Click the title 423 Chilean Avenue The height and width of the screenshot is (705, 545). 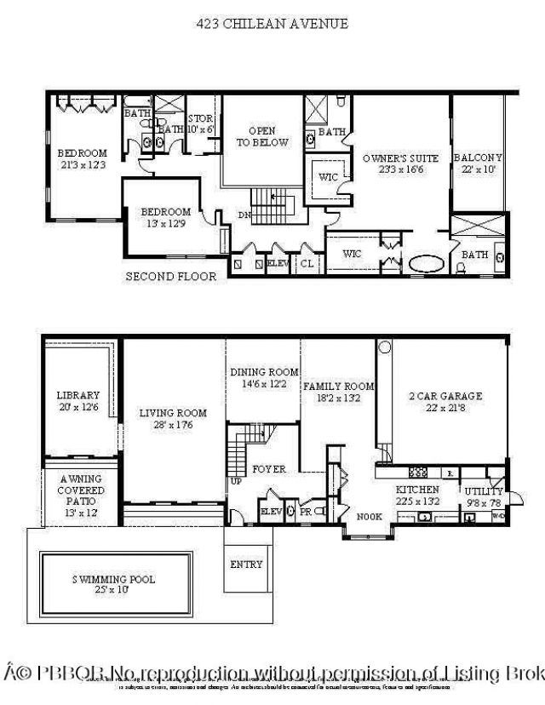pos(272,24)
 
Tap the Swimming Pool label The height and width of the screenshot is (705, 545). pos(112,584)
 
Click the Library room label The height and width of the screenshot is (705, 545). pos(78,401)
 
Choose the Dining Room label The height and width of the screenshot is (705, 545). pos(264,378)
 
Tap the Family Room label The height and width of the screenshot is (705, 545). pos(339,392)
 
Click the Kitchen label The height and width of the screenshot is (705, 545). pos(417,495)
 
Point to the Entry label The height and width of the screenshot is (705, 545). pos(246,565)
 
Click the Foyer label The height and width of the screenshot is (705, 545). pos(269,469)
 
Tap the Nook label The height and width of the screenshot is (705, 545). pos(369,516)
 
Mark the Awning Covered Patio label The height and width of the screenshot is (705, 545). pos(81,491)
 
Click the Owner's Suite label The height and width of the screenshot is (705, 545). pos(400,163)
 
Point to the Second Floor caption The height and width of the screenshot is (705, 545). pos(171,277)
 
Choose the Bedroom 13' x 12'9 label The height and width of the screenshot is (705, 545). pos(165,217)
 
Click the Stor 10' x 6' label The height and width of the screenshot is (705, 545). pos(201,124)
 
